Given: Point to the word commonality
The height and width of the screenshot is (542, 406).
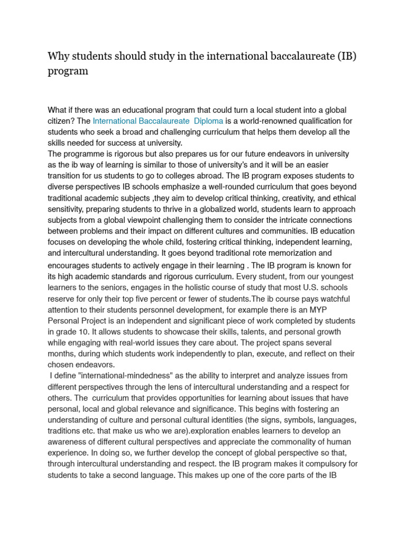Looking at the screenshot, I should [304, 442].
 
